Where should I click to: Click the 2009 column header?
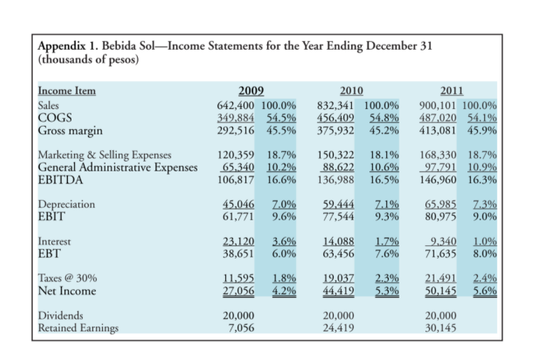tap(252, 90)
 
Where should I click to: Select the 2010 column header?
tap(351, 90)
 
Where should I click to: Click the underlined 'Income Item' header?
tap(67, 91)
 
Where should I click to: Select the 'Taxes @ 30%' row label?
tap(66, 278)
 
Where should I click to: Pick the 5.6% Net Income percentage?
tap(483, 290)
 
